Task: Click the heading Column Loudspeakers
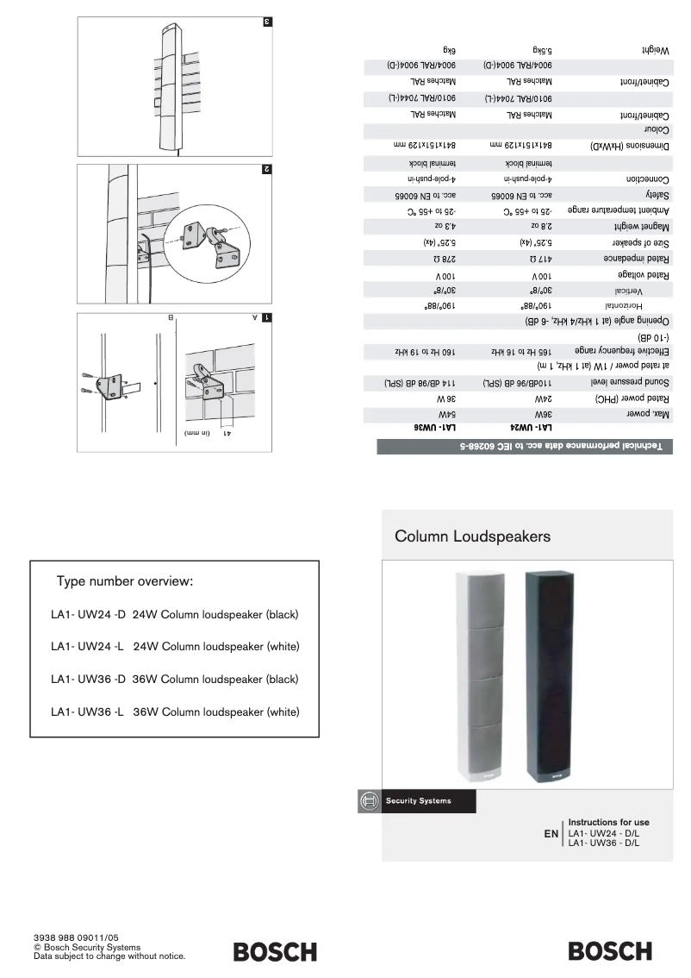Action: (472, 536)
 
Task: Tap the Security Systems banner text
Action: (418, 801)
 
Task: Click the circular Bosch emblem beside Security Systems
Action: (368, 801)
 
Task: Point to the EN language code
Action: (551, 835)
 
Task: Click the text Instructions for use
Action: (608, 823)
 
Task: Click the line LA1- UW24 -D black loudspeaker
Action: (175, 616)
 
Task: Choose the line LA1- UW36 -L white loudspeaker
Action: (175, 712)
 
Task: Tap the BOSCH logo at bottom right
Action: (610, 951)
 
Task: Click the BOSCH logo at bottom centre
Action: (275, 951)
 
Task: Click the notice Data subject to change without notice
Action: (109, 956)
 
